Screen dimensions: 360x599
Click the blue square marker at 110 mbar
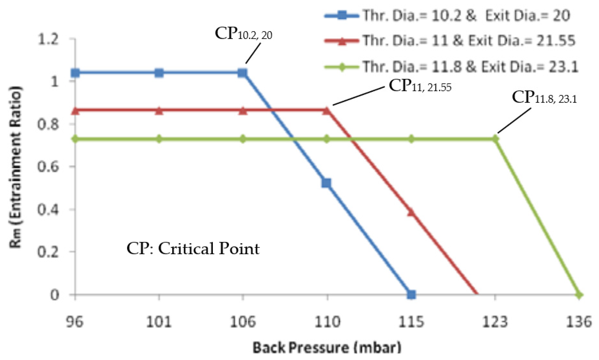click(326, 183)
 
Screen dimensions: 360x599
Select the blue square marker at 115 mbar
click(411, 294)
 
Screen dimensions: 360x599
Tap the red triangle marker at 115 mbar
click(411, 212)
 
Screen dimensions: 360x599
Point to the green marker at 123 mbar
click(495, 139)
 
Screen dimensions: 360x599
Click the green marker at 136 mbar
click(579, 295)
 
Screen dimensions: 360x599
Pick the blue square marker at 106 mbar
click(242, 73)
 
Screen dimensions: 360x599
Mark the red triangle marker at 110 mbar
click(326, 111)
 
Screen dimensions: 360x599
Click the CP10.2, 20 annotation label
click(243, 34)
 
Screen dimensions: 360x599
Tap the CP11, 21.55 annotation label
click(420, 86)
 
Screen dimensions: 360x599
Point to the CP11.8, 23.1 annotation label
click(544, 97)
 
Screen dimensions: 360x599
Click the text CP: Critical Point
click(193, 249)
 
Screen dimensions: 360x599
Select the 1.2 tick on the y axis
click(48, 39)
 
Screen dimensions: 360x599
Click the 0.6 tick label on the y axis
click(48, 166)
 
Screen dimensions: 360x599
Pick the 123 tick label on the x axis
click(495, 322)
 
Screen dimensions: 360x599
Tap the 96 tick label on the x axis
click(75, 322)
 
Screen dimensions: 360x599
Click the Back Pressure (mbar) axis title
click(327, 347)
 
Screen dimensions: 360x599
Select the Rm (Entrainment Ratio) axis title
click(15, 167)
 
